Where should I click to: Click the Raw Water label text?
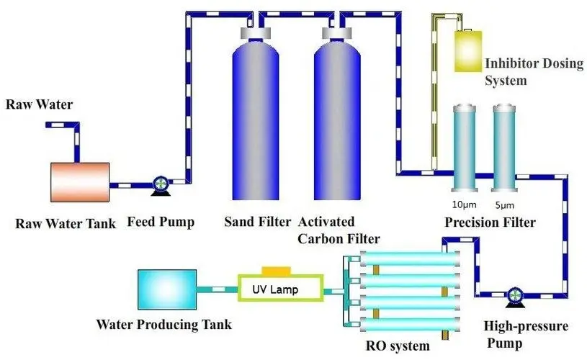coord(40,105)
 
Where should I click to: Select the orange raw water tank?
coord(79,181)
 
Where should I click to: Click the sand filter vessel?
coord(256,119)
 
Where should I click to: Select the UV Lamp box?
coord(276,289)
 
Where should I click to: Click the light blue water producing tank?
coord(167,289)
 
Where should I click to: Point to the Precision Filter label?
coord(490,222)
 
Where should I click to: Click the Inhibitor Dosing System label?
coord(533,71)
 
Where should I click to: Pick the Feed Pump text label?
coord(161,222)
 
